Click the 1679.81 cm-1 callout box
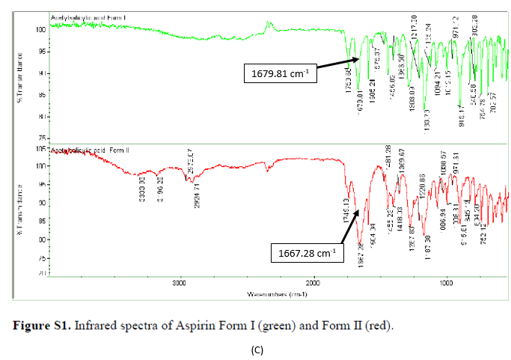(276, 73)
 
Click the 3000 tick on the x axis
(178, 284)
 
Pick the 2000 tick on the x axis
(313, 284)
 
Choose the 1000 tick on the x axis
(447, 284)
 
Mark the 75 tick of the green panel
(43, 138)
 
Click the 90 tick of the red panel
(43, 202)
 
